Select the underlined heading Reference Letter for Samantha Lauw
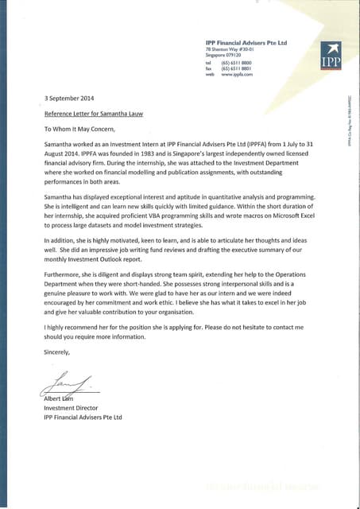point(92,113)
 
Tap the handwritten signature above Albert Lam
point(68,384)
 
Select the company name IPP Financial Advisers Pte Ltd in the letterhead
point(246,42)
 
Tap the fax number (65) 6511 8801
point(237,68)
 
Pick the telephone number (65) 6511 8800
point(237,62)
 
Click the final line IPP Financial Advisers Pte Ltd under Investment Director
point(83,417)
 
